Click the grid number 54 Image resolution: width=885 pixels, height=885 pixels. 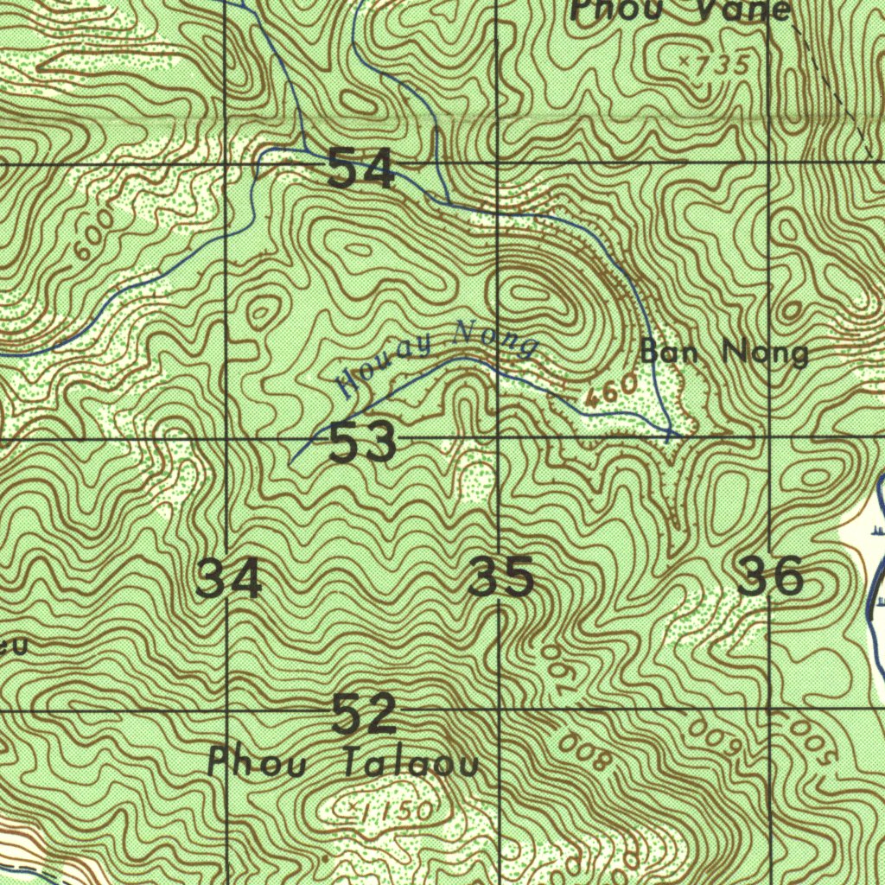click(361, 169)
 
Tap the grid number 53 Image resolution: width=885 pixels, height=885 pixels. click(363, 444)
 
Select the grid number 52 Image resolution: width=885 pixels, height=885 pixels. click(364, 714)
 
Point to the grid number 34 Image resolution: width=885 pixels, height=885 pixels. click(229, 579)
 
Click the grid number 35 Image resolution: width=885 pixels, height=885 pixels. click(500, 578)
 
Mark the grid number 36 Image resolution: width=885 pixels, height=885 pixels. click(770, 576)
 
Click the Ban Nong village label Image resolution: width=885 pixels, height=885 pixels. click(724, 353)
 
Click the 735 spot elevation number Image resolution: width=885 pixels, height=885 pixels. click(720, 66)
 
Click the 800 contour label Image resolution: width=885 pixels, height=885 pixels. click(585, 753)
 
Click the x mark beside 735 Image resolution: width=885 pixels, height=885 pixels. click(684, 61)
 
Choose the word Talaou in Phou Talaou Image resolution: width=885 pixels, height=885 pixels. click(410, 765)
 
